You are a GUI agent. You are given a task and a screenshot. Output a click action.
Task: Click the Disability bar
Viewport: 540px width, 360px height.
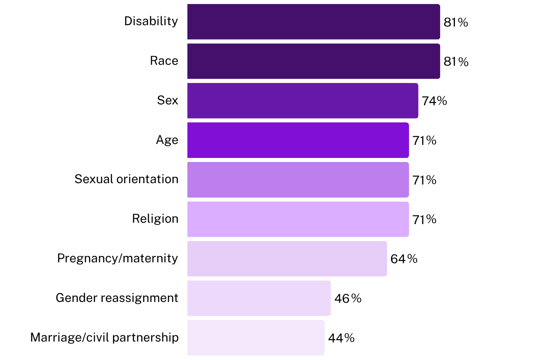313,22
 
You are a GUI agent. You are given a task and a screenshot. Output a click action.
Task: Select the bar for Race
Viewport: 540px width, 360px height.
313,61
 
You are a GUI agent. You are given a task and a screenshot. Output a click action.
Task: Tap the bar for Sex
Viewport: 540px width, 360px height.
302,101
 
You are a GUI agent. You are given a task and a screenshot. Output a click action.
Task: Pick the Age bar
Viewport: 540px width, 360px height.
298,140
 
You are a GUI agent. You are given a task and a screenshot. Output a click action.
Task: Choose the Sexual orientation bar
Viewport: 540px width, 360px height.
298,180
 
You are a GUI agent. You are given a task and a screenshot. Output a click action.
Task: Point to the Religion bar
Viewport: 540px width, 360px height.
298,219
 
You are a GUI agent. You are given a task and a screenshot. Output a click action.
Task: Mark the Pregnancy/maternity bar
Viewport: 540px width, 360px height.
287,259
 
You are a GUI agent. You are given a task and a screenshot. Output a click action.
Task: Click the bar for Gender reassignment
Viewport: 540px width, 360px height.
259,298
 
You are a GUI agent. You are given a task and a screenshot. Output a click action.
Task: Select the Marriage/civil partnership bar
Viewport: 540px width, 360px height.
256,337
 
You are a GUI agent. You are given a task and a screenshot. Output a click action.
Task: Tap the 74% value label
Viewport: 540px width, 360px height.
434,101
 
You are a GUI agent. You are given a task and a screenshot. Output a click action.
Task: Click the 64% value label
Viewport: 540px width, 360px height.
404,259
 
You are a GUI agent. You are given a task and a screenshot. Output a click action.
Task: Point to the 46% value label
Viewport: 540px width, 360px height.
348,298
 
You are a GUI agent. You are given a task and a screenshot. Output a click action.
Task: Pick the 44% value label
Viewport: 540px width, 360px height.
341,338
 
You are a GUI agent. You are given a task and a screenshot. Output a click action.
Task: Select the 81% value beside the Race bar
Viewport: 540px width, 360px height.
456,62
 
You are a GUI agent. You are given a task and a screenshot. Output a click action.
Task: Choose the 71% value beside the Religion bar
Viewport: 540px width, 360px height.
424,220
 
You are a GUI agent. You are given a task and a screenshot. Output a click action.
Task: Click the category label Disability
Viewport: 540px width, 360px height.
151,21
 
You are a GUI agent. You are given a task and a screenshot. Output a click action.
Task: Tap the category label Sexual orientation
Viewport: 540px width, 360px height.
126,179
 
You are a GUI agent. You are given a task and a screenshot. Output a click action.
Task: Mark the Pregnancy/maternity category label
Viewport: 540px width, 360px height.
117,258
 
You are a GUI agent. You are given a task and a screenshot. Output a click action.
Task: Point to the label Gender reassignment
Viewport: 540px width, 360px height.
117,298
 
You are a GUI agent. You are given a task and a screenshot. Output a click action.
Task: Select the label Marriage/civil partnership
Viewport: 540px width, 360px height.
104,337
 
